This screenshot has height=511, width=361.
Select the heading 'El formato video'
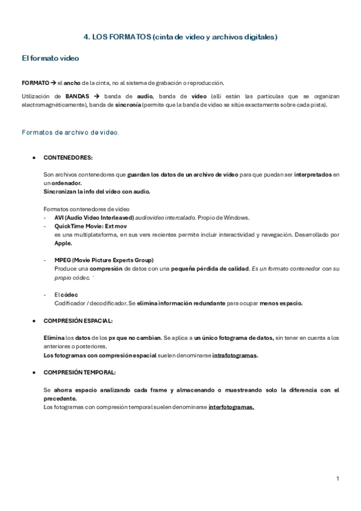click(x=50, y=58)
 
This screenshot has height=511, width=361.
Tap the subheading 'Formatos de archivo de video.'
click(x=70, y=131)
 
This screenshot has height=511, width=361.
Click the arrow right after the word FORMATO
click(x=53, y=83)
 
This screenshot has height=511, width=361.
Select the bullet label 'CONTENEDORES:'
click(x=68, y=157)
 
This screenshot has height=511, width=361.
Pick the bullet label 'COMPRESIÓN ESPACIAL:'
click(x=78, y=321)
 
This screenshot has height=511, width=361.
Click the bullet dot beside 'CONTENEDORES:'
click(x=34, y=157)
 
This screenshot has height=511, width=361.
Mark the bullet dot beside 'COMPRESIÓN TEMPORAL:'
click(x=34, y=373)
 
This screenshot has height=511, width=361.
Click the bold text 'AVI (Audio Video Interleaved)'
click(x=93, y=218)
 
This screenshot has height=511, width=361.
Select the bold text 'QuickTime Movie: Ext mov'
click(x=90, y=226)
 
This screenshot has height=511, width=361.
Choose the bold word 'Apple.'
click(x=63, y=243)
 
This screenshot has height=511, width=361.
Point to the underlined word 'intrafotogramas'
click(x=234, y=355)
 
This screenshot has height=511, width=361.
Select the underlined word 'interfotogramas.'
click(x=231, y=407)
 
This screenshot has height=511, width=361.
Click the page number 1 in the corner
click(x=338, y=478)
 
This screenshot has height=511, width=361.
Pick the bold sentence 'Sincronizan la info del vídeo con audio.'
click(x=96, y=192)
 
